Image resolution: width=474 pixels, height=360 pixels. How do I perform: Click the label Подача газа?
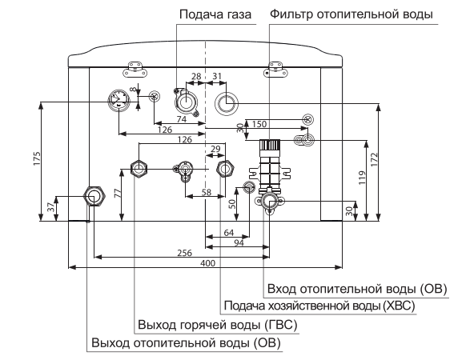215,14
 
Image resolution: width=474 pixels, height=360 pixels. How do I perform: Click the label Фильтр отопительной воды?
351,14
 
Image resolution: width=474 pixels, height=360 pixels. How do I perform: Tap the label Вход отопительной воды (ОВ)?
357,289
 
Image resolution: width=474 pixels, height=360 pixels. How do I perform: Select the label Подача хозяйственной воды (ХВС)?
319,306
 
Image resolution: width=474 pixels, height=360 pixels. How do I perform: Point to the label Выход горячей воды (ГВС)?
218,325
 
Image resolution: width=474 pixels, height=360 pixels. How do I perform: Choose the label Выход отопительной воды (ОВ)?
187,343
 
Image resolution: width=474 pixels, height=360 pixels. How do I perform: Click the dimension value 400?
208,263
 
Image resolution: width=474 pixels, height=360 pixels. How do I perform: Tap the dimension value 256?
184,253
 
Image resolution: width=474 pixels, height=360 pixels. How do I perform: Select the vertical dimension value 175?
37,158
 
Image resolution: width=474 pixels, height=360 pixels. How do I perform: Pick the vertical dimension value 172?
374,159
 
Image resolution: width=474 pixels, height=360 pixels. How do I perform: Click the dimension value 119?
362,178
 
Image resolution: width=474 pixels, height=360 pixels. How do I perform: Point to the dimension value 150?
259,124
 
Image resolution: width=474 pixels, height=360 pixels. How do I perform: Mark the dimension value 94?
239,243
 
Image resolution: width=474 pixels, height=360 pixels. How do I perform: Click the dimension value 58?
207,192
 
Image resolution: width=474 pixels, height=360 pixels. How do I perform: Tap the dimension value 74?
182,119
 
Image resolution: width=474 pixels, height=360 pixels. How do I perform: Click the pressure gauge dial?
118,99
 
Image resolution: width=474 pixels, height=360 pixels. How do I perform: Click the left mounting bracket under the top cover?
135,69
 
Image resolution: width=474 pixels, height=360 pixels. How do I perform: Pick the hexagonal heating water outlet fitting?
94,197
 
